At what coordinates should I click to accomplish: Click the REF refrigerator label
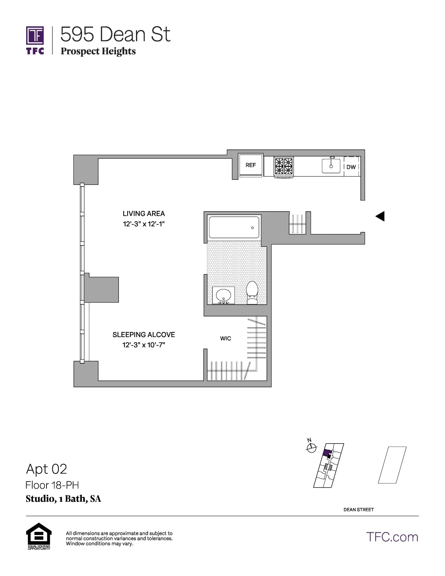(x=250, y=165)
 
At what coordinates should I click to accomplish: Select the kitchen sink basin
(x=331, y=166)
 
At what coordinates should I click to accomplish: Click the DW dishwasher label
(x=351, y=167)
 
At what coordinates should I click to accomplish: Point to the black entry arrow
(x=380, y=216)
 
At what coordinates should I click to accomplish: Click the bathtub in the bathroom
(x=234, y=228)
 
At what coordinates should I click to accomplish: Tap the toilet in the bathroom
(x=252, y=292)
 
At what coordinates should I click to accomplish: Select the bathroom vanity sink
(x=223, y=295)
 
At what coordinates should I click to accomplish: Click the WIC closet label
(x=225, y=339)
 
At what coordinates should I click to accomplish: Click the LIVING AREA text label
(x=144, y=213)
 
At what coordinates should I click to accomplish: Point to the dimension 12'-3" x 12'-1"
(x=144, y=224)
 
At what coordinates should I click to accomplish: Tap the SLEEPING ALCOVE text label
(x=144, y=335)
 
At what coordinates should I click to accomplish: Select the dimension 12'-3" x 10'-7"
(x=144, y=345)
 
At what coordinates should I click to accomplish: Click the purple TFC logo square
(x=35, y=36)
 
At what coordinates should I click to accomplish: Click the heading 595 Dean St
(x=115, y=35)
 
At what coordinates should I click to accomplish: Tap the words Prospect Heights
(x=98, y=51)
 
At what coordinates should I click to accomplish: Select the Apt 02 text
(x=47, y=469)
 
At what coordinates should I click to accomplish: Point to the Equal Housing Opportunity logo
(x=39, y=536)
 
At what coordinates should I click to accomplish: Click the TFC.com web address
(x=392, y=537)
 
